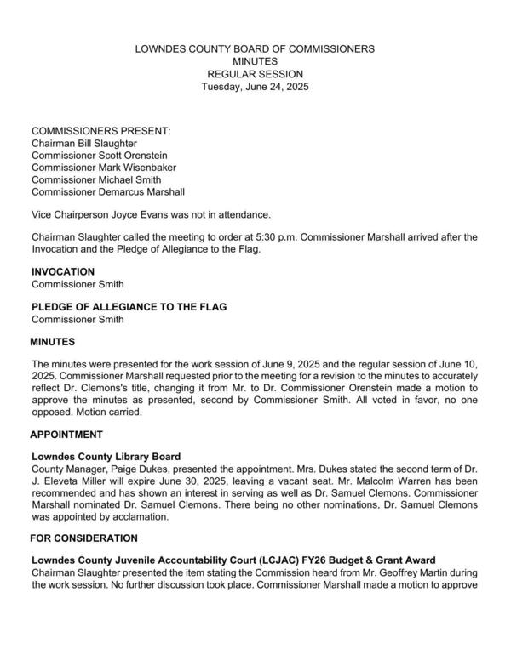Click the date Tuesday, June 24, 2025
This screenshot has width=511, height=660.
pos(255,87)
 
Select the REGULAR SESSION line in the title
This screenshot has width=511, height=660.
pos(255,75)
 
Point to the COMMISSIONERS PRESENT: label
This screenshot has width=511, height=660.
pos(101,132)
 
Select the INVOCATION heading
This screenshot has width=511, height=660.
pos(63,271)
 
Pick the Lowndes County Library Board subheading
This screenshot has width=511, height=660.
pos(106,457)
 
